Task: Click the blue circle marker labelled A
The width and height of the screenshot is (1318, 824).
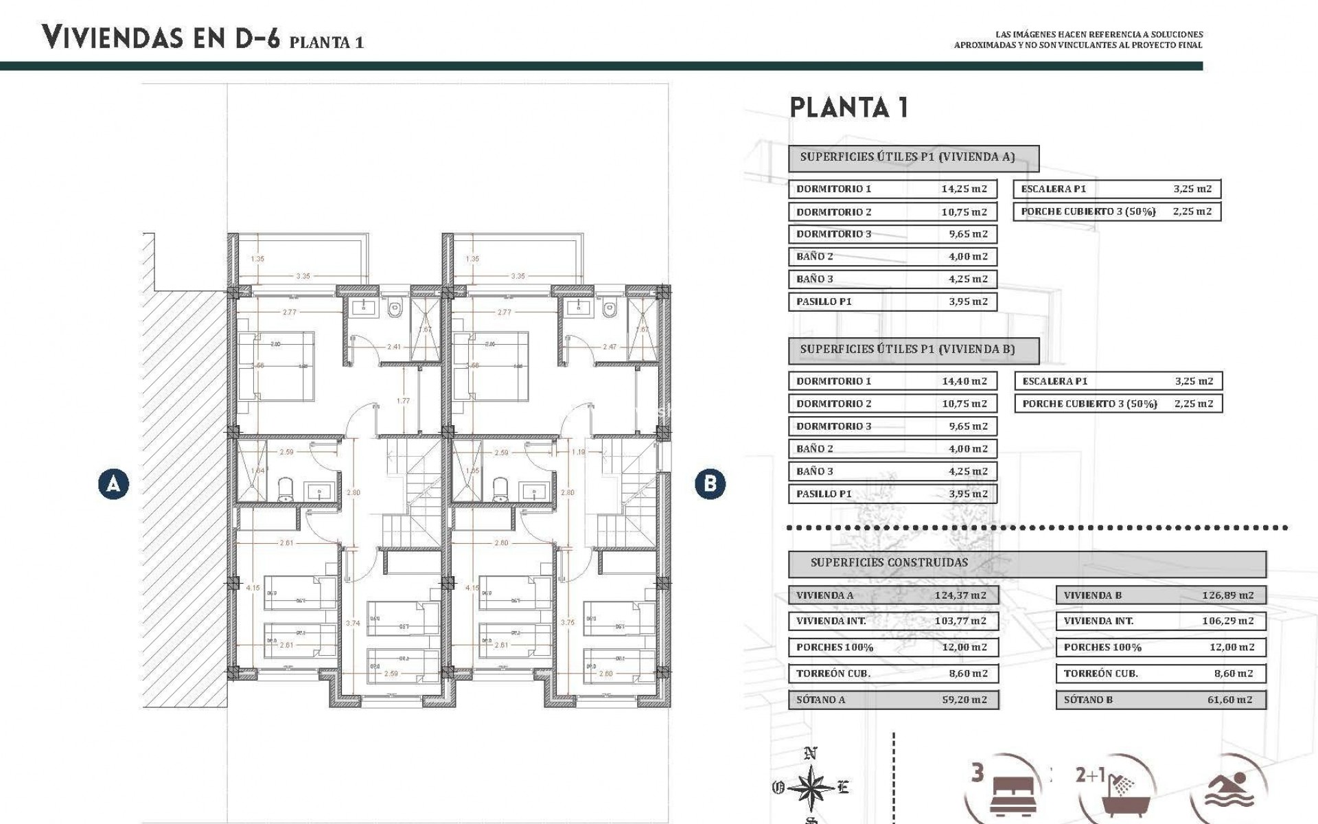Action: point(113,484)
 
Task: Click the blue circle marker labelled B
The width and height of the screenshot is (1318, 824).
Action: point(710,484)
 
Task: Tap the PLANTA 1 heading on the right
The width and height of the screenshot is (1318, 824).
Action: point(849,108)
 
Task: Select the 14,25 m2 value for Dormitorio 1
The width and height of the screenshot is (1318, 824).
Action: point(964,189)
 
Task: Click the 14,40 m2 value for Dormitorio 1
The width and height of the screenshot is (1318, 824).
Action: point(964,381)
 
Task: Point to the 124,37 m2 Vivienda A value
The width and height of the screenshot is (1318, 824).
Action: point(960,595)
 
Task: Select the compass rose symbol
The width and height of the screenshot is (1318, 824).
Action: point(811,787)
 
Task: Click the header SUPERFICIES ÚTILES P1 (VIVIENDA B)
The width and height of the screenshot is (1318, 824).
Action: point(907,350)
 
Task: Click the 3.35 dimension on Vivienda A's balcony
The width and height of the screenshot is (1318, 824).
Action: point(303,276)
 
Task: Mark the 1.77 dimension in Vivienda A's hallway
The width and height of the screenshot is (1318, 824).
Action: point(403,401)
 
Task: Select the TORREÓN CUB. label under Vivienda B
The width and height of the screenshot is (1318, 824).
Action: point(1100,674)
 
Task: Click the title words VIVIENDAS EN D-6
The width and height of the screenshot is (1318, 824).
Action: point(161,37)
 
